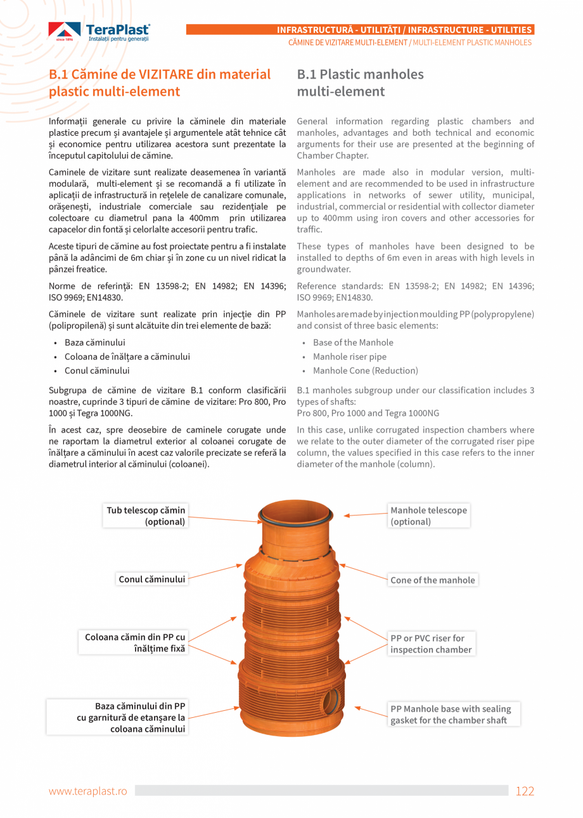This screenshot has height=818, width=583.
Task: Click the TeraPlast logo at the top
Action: tap(99, 32)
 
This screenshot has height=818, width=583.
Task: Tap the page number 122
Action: tap(525, 791)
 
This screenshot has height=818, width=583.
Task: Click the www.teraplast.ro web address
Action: tap(88, 791)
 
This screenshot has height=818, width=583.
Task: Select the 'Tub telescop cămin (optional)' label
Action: tap(146, 516)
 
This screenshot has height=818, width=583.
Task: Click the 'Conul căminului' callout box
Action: tap(151, 579)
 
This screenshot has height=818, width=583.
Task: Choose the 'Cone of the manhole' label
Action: tap(432, 580)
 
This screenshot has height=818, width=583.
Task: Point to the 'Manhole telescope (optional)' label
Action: tap(428, 516)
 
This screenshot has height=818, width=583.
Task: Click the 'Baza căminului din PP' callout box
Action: tap(118, 717)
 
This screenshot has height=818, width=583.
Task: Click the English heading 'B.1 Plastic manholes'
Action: tap(360, 74)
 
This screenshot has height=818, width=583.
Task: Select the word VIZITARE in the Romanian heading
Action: tap(161, 74)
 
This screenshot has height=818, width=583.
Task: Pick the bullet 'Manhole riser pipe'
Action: tap(349, 356)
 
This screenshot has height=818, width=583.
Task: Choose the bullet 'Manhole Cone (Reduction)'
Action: tap(365, 370)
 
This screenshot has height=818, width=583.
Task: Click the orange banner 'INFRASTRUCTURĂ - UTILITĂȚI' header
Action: tap(360, 30)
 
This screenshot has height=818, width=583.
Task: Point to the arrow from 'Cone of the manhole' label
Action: tap(363, 571)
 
